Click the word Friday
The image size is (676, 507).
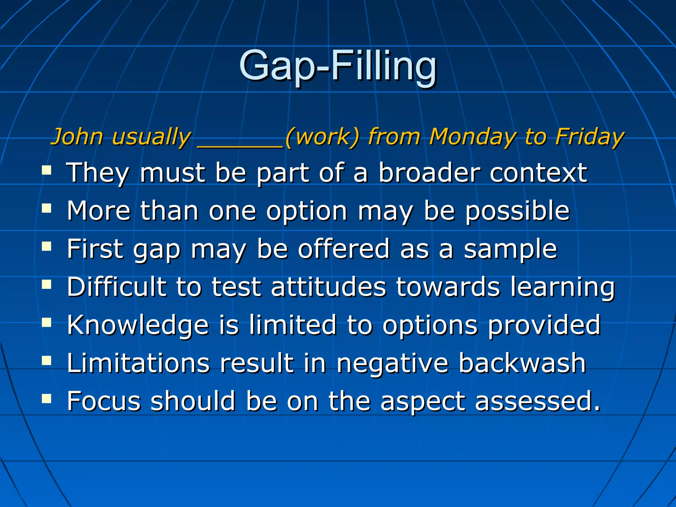(590, 137)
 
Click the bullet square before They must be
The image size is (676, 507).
(47, 171)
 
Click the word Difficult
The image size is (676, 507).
(117, 287)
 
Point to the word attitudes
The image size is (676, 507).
(328, 287)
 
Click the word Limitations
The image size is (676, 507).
(138, 363)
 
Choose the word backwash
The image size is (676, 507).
(522, 363)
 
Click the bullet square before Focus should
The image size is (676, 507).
(47, 399)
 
